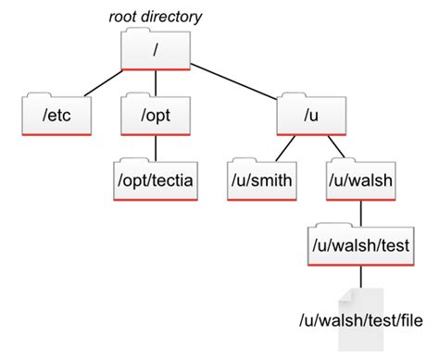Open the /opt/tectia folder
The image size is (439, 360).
coord(155,178)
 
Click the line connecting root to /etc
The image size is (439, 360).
coord(102,81)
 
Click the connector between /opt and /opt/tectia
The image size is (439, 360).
coord(155,147)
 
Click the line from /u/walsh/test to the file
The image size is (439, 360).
coord(361,275)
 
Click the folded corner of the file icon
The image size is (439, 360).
coord(345,294)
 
